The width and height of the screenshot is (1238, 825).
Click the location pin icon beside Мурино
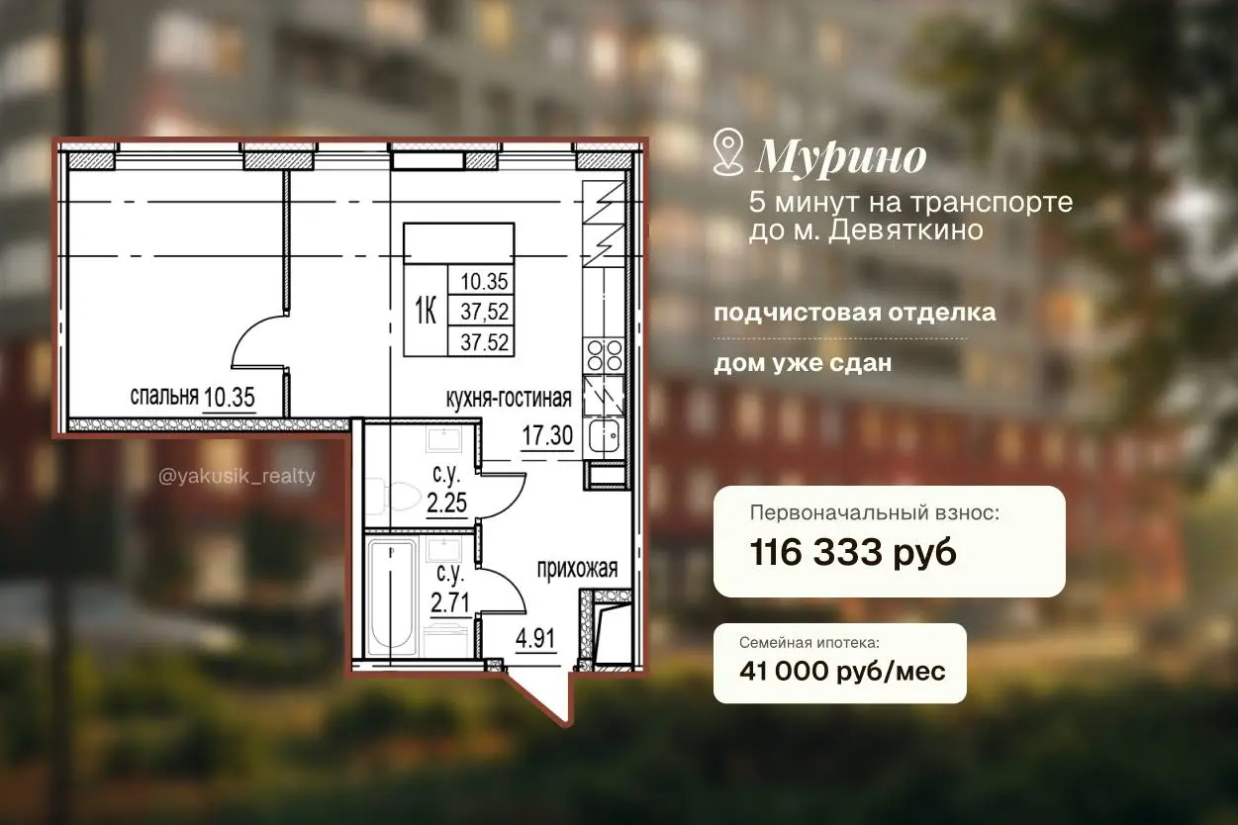coord(728,152)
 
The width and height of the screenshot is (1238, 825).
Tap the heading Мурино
coord(841,158)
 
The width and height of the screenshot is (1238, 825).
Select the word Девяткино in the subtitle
coord(905,230)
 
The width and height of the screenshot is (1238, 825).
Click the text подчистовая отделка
coord(855,314)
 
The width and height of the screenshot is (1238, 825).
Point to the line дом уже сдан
coord(803,364)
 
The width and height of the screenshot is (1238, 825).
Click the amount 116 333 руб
coord(853,553)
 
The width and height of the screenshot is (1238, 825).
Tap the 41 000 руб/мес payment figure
coord(842,672)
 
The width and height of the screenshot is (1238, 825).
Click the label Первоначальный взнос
coord(875,513)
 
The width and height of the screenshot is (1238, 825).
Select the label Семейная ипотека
coord(809,643)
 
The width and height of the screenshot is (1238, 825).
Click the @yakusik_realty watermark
coord(237,476)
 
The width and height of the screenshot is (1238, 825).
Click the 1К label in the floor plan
coord(426,311)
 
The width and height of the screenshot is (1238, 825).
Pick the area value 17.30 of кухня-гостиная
coord(547,436)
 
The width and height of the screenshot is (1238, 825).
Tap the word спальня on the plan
coord(163,397)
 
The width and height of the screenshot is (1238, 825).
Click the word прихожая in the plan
coord(577,570)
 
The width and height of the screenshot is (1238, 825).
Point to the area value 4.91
coord(535,638)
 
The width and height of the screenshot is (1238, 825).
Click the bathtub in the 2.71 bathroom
coord(392,597)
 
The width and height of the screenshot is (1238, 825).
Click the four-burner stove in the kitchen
coord(604,355)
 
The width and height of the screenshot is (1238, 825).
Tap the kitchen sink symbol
coord(604,436)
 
